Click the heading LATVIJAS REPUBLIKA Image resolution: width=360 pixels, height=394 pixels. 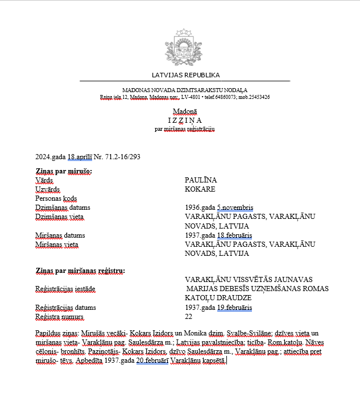(x=185, y=75)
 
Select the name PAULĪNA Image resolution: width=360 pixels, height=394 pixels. (x=201, y=180)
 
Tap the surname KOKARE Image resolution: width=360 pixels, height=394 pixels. (x=200, y=189)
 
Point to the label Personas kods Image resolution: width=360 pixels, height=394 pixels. (x=56, y=198)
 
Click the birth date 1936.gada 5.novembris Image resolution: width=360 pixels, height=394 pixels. (x=219, y=208)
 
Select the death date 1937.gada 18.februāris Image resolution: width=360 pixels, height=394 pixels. (x=219, y=235)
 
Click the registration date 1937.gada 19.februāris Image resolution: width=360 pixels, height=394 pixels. (x=219, y=308)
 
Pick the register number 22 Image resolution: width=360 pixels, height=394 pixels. (x=189, y=317)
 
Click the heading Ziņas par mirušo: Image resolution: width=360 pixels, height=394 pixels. (x=64, y=171)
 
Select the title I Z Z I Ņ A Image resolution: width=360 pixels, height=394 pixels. (x=185, y=120)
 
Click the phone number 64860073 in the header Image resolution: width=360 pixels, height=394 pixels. (x=217, y=97)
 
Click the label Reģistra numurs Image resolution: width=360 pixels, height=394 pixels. (x=59, y=317)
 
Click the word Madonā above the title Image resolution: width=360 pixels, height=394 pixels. (x=185, y=111)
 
